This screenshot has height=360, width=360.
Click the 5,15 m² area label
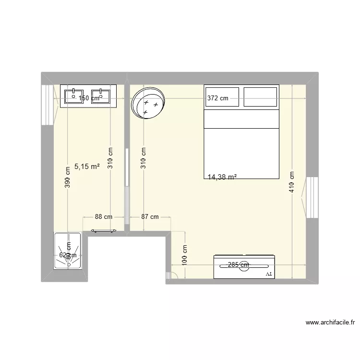tap(87, 167)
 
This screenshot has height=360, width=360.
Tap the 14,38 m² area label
tap(222, 177)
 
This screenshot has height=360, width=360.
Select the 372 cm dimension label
tap(217, 98)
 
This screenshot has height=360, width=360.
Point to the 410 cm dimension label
tap(292, 182)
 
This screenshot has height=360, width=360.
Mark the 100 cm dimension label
tap(185, 255)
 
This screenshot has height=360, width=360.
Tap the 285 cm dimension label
tap(239, 264)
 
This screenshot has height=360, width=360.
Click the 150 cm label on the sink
tap(89, 98)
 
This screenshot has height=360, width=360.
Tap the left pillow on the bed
tap(222, 97)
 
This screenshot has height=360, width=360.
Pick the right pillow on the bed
tap(260, 97)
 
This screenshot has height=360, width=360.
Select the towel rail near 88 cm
tap(103, 230)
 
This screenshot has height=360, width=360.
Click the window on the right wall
tap(312, 197)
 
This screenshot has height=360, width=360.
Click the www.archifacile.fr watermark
tap(325, 323)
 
